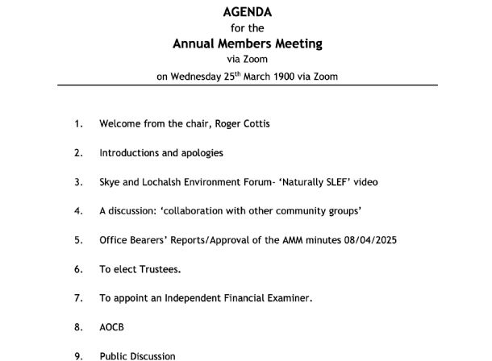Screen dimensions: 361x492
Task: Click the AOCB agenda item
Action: (x=111, y=327)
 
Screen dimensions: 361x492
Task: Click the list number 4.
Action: (x=78, y=211)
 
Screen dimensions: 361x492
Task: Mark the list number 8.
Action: (x=78, y=327)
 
